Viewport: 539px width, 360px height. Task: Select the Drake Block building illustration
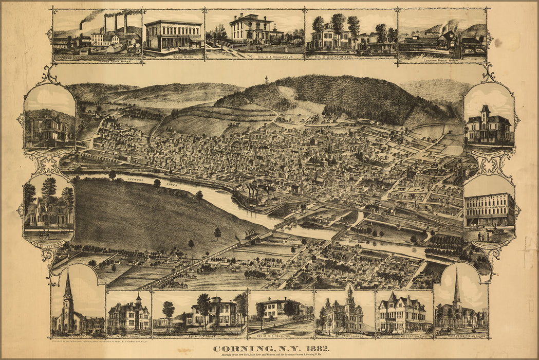tap(173, 35)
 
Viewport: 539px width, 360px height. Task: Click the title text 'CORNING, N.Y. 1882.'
tap(271, 348)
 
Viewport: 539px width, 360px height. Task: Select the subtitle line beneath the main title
tap(271, 355)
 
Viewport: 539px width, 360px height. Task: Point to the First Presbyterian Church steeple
tap(456, 288)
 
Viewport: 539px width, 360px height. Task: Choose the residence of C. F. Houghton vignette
tap(280, 311)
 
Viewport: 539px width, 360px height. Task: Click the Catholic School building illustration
tap(128, 314)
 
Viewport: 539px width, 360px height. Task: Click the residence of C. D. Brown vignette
tap(49, 123)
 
